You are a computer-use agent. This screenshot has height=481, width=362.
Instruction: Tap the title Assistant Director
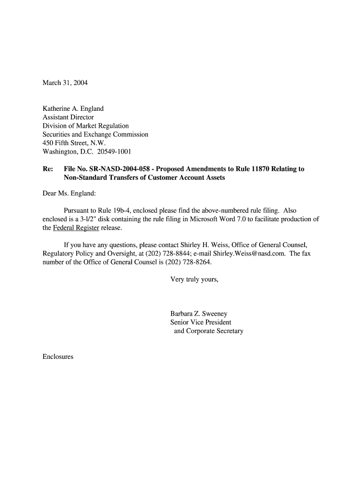point(68,117)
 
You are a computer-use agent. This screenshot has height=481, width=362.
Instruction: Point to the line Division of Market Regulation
point(86,125)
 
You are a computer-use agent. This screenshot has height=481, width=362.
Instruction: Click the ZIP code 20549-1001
point(114,151)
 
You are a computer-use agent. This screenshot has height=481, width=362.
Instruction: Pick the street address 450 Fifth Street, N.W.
point(74,143)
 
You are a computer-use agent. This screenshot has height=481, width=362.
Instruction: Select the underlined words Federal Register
point(76,228)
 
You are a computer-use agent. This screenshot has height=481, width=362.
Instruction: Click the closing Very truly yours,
point(194,279)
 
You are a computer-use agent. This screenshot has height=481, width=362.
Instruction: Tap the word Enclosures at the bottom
point(58,357)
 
